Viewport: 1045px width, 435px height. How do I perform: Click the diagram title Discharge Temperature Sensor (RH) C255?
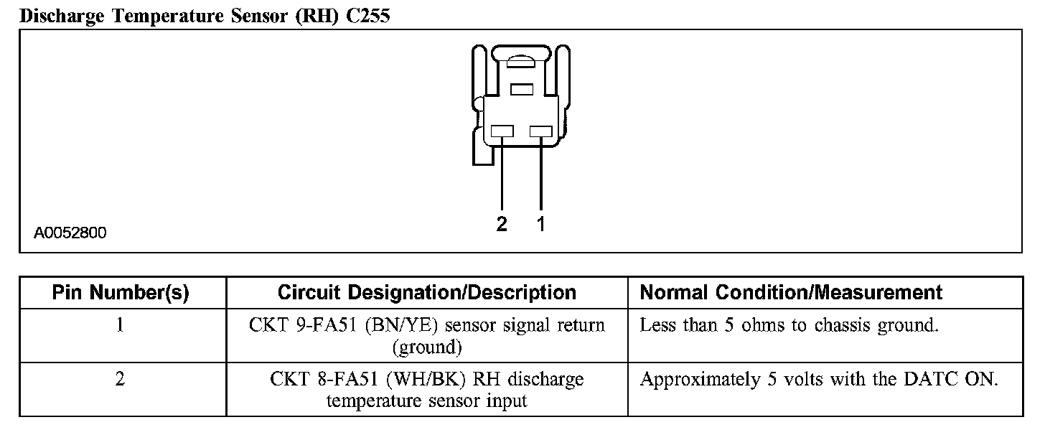pyautogui.click(x=205, y=16)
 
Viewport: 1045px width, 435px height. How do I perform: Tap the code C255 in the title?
pyautogui.click(x=367, y=16)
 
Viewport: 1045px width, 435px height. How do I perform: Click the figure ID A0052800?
pyautogui.click(x=70, y=233)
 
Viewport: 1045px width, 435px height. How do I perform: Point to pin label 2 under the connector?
pyautogui.click(x=502, y=225)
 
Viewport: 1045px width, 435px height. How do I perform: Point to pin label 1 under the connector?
pyautogui.click(x=541, y=225)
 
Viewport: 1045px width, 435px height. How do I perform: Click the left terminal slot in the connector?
pyautogui.click(x=502, y=131)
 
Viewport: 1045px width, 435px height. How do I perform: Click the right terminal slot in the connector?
pyautogui.click(x=540, y=131)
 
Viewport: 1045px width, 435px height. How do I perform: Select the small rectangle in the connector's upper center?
pyautogui.click(x=522, y=89)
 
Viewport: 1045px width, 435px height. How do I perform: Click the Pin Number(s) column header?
pyautogui.click(x=121, y=293)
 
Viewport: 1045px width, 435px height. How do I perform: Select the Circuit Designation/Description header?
pyautogui.click(x=426, y=293)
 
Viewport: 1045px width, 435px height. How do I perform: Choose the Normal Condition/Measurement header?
pyautogui.click(x=791, y=293)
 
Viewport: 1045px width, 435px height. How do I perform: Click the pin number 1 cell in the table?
pyautogui.click(x=121, y=325)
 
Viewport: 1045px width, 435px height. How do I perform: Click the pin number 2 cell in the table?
pyautogui.click(x=121, y=379)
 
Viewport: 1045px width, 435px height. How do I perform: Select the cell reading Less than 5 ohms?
pyautogui.click(x=789, y=325)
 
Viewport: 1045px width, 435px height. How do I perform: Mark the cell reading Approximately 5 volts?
pyautogui.click(x=818, y=379)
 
